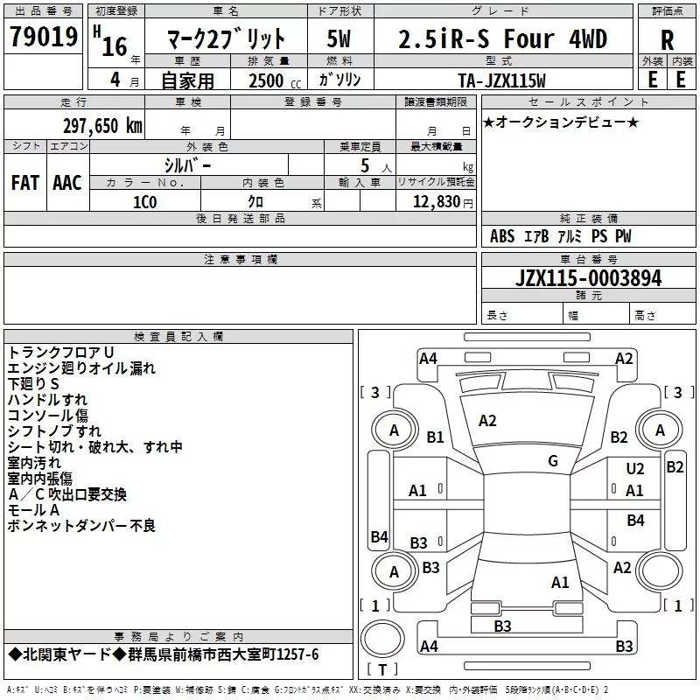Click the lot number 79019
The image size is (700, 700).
click(45, 38)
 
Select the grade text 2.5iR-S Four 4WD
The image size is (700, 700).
click(502, 39)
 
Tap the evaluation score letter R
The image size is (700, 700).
click(667, 39)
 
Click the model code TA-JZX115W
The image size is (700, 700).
click(501, 80)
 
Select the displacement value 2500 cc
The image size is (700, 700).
click(268, 81)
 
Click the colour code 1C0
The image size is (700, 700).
click(144, 200)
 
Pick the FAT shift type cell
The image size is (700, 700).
click(25, 182)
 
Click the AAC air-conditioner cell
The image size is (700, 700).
click(67, 182)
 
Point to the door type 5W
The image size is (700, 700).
click(339, 39)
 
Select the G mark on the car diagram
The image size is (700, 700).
click(553, 460)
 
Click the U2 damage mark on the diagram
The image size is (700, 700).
click(634, 470)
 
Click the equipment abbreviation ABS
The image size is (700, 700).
click(502, 236)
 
